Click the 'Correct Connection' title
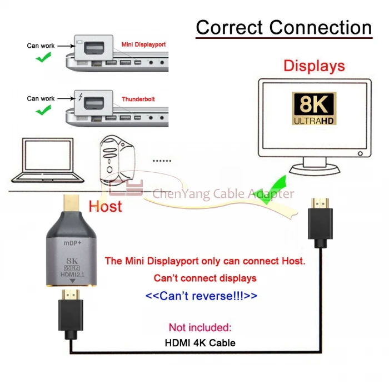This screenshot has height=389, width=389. pos(284,27)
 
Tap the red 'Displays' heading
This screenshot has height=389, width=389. pos(314,66)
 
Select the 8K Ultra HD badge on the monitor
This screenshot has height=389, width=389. pos(314,108)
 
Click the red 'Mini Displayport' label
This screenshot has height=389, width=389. pos(143,44)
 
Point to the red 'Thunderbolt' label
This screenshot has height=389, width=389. pos(138,99)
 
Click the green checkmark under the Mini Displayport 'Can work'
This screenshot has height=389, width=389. pos(43,57)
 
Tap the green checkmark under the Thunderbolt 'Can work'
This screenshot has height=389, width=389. pos(43,110)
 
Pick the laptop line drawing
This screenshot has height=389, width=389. pos(48,160)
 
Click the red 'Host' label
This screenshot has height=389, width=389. pos(105,206)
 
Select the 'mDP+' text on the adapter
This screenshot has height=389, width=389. pos(72,243)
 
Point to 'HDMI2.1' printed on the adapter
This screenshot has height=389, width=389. pos(72,275)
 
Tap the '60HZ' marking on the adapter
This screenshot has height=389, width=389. pos(72,268)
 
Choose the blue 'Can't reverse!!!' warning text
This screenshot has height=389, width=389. pos(201,296)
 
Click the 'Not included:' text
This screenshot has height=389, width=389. pos(200,327)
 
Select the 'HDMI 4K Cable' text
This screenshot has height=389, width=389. pos(200,343)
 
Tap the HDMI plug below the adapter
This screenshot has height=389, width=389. pos(71,315)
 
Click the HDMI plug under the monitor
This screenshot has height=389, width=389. pos(320,223)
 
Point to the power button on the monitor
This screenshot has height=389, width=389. pos(360,153)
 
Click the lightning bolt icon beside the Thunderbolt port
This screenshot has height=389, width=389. pos(81,97)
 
